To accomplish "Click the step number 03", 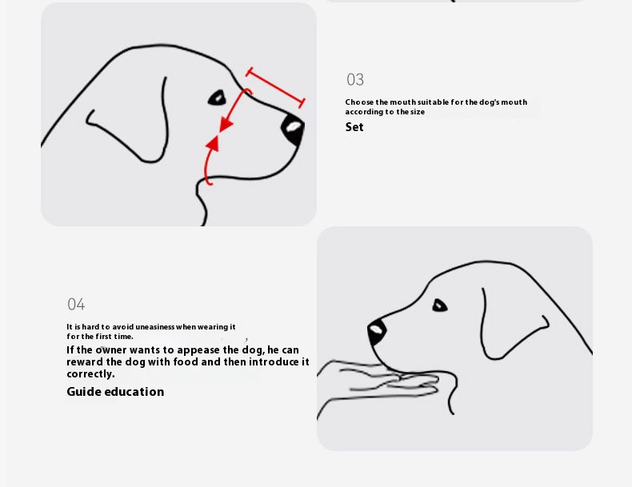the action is pyautogui.click(x=355, y=79).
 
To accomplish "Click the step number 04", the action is pyautogui.click(x=76, y=304).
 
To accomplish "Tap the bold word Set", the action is pyautogui.click(x=354, y=127).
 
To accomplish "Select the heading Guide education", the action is pyautogui.click(x=115, y=392).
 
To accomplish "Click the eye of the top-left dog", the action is pyautogui.click(x=218, y=98).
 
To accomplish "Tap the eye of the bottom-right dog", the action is pyautogui.click(x=439, y=305).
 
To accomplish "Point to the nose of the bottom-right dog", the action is pyautogui.click(x=377, y=332).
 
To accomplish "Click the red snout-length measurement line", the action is pyautogui.click(x=275, y=87).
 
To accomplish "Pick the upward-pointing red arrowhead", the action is pyautogui.click(x=213, y=144).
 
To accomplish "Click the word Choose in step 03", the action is pyautogui.click(x=359, y=102).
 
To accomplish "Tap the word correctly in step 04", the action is pyautogui.click(x=90, y=374).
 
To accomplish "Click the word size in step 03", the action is pyautogui.click(x=418, y=112).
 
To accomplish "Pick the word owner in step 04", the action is pyautogui.click(x=111, y=349).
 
